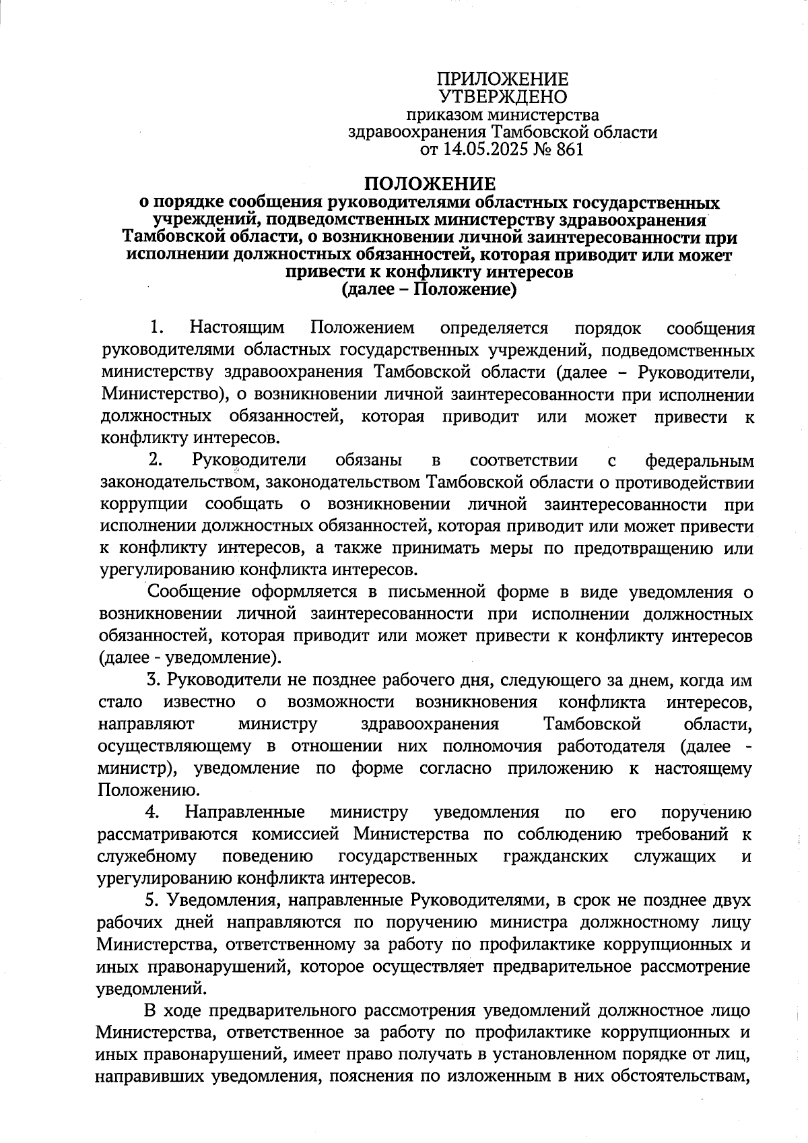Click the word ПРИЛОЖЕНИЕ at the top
pyautogui.click(x=503, y=79)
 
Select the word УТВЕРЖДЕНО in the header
pyautogui.click(x=503, y=98)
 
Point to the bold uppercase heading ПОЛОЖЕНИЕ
pyautogui.click(x=430, y=183)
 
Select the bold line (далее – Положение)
pyautogui.click(x=430, y=290)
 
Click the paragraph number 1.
pyautogui.click(x=157, y=328)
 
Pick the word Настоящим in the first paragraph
pyautogui.click(x=237, y=328)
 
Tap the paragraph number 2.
pyautogui.click(x=156, y=461)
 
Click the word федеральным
pyautogui.click(x=699, y=461)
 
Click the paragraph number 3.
pyautogui.click(x=153, y=680)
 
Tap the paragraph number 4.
pyautogui.click(x=152, y=812)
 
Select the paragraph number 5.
pyautogui.click(x=151, y=901)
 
